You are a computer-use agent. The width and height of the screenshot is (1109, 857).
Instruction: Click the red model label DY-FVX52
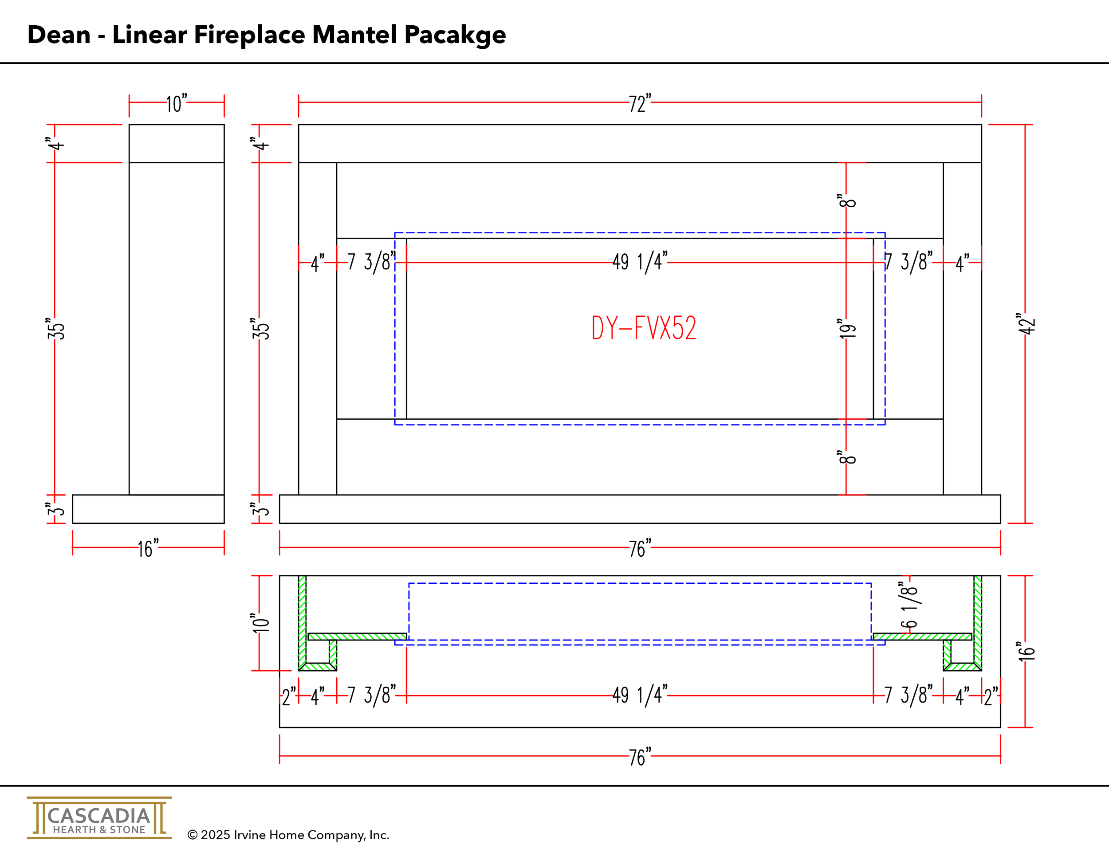[x=643, y=328]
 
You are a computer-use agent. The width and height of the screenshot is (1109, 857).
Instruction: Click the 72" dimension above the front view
[x=639, y=103]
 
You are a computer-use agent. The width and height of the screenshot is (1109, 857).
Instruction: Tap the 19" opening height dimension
[x=846, y=329]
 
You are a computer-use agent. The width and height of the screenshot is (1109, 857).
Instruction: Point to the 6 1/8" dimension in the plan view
[x=908, y=605]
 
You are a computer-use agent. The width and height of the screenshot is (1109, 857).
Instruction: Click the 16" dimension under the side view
[x=148, y=548]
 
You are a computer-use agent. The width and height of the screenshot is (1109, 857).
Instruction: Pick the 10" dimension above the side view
[x=176, y=103]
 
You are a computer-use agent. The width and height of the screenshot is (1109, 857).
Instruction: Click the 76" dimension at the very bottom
[x=639, y=757]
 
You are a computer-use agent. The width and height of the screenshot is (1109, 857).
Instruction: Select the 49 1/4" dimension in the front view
[x=639, y=262]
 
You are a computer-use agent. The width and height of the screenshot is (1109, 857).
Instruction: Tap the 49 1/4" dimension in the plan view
[x=639, y=695]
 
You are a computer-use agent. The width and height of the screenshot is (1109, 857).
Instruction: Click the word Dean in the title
[x=59, y=35]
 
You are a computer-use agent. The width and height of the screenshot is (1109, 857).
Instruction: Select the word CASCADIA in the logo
[x=98, y=816]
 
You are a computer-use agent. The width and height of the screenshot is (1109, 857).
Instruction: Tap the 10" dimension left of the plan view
[x=260, y=623]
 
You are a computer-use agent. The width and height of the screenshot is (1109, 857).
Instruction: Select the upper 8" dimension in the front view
[x=846, y=200]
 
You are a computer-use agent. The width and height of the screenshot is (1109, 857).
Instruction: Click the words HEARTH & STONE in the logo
[x=99, y=829]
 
